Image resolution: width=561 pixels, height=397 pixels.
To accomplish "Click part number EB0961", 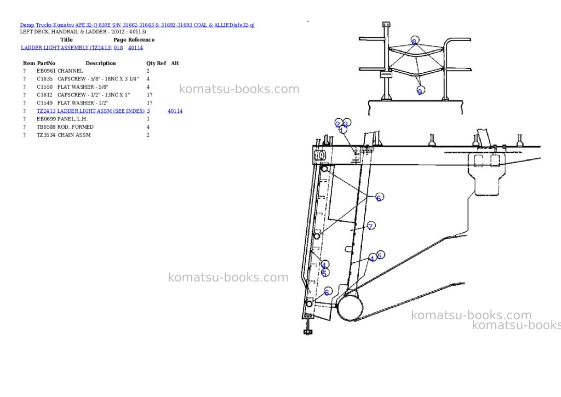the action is [x=46, y=71].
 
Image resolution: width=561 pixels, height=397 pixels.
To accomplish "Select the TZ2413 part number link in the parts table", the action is [x=46, y=111].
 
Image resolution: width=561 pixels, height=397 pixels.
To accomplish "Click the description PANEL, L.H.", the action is [x=72, y=119].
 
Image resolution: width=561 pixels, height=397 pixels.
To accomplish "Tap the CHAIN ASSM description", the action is [x=74, y=135].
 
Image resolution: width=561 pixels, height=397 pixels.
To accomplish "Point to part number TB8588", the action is [x=46, y=127].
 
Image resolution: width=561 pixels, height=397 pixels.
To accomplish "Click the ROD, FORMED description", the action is [x=76, y=127].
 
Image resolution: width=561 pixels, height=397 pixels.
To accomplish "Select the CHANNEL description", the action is [x=70, y=71].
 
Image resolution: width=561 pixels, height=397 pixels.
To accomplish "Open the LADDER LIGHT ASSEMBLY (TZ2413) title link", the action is [x=66, y=48].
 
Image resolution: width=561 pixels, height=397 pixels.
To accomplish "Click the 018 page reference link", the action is [x=118, y=48].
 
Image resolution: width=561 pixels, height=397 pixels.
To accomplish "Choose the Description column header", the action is [x=101, y=64].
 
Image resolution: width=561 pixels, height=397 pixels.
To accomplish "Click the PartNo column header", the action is [x=46, y=64].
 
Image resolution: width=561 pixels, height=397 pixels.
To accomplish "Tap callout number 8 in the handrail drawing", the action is [x=414, y=41].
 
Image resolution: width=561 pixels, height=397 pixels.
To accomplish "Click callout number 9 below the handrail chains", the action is [x=420, y=91].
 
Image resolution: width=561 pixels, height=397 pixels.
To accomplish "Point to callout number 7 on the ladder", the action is [x=371, y=226].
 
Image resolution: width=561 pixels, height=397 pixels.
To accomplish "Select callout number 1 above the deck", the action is [x=342, y=129].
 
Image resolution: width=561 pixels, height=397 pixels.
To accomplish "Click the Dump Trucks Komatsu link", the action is [x=47, y=25].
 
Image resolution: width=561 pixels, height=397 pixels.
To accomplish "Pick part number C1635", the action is [x=45, y=79].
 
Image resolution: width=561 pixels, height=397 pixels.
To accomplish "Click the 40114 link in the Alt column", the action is [x=175, y=111].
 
